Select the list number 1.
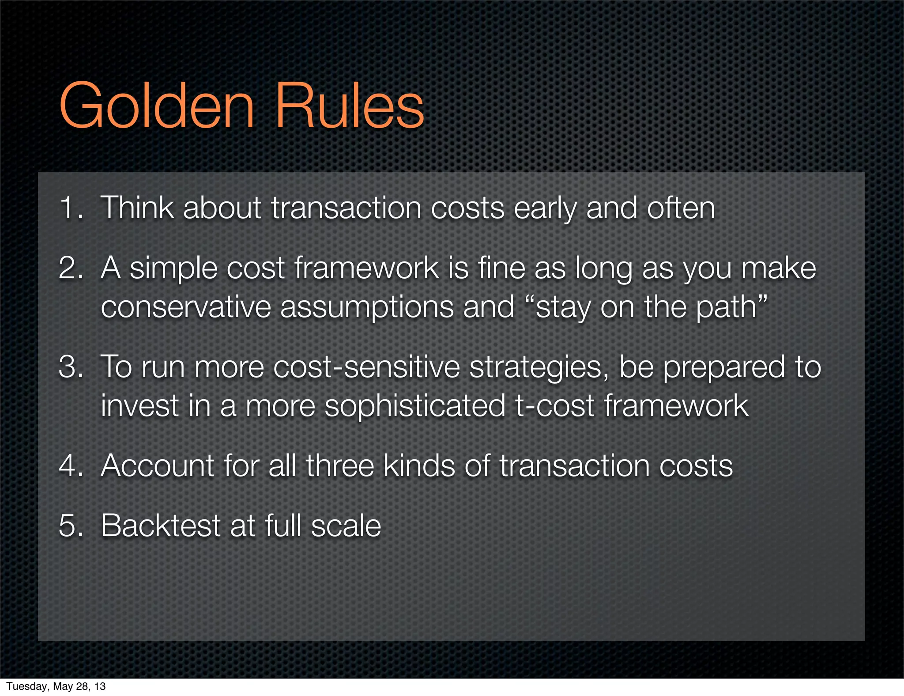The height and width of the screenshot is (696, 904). pyautogui.click(x=71, y=208)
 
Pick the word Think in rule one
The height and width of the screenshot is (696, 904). pyautogui.click(x=137, y=208)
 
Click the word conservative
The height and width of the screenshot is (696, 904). pyautogui.click(x=186, y=307)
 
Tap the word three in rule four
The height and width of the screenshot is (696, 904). pyautogui.click(x=340, y=465)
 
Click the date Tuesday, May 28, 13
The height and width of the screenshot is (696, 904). pyautogui.click(x=56, y=686)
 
